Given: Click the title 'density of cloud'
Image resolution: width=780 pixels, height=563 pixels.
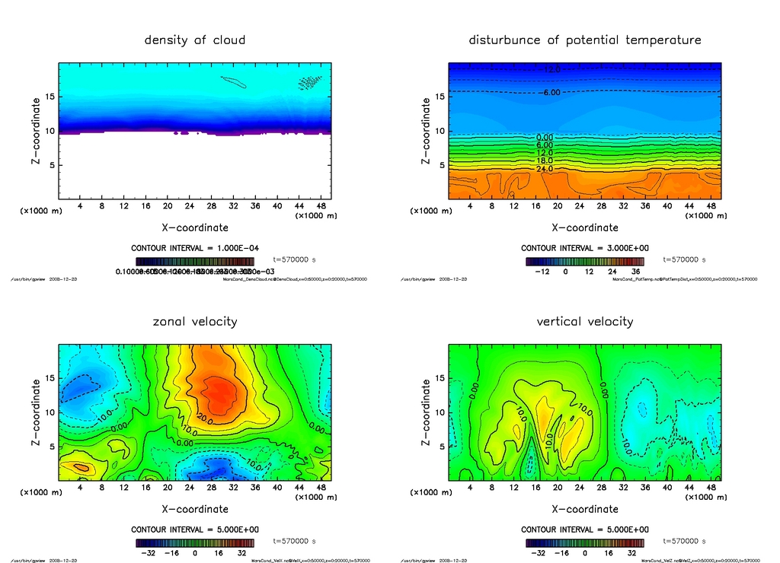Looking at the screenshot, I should (x=195, y=40).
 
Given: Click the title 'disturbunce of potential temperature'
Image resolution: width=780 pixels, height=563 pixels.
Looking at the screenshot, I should (x=585, y=40).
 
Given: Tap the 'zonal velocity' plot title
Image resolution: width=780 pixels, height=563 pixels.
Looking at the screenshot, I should (x=195, y=321).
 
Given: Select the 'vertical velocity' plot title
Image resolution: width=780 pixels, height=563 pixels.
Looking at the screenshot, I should (x=585, y=321).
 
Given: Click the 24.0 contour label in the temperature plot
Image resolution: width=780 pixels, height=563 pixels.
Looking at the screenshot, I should (x=545, y=169).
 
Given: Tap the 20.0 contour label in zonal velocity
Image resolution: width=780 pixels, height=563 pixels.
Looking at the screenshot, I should (x=203, y=418).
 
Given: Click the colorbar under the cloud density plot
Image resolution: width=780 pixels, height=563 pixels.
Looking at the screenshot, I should (x=195, y=261).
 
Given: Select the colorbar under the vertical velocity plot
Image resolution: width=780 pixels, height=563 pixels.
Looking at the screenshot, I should (x=585, y=543).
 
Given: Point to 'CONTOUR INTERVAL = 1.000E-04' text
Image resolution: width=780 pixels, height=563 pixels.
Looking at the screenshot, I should (x=195, y=248).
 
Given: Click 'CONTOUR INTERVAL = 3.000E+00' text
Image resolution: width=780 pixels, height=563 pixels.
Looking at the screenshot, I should (x=585, y=248).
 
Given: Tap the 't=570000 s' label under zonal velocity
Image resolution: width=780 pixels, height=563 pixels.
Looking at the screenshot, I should (x=294, y=542).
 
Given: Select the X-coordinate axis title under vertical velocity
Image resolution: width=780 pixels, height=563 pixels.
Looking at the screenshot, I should (x=585, y=509).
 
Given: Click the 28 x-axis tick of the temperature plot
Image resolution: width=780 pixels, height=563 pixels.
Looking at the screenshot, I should (x=601, y=206).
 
